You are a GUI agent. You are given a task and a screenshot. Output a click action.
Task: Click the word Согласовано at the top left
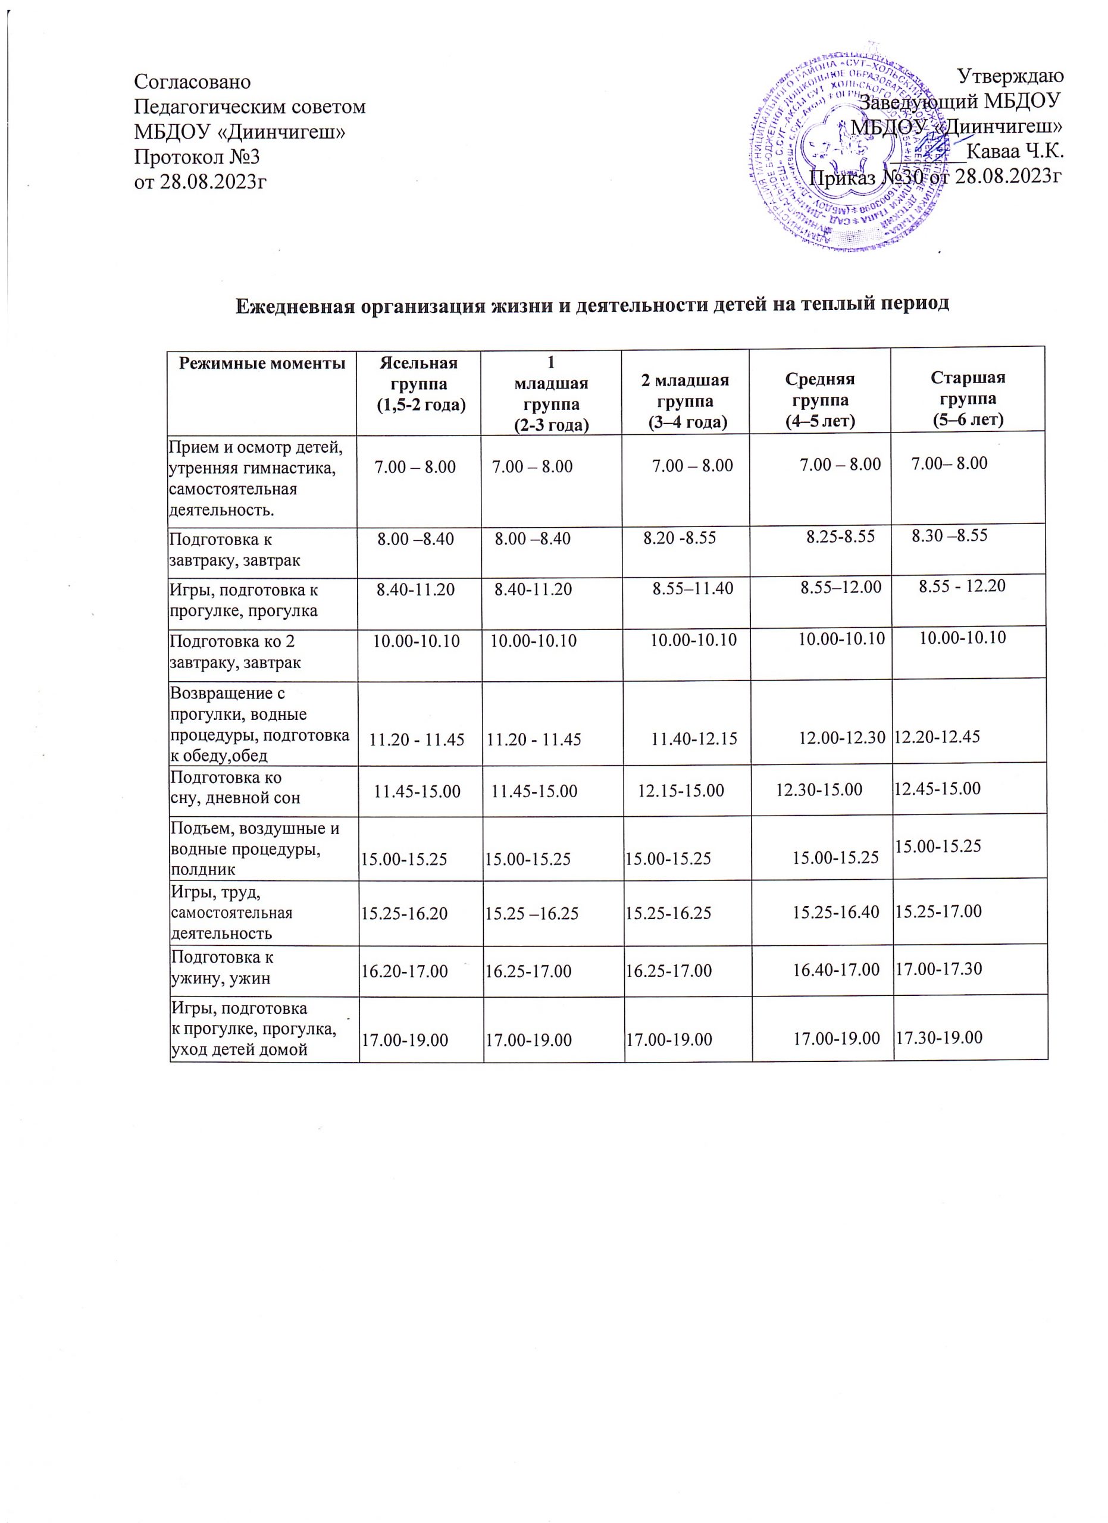pyautogui.click(x=192, y=82)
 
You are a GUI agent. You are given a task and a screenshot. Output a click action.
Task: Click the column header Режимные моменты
pyautogui.click(x=262, y=364)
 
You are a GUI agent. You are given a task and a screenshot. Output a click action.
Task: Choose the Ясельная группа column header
pyautogui.click(x=419, y=384)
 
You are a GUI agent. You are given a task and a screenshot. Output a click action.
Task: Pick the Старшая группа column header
pyautogui.click(x=968, y=398)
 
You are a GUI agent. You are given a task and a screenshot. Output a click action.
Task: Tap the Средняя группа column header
pyautogui.click(x=820, y=400)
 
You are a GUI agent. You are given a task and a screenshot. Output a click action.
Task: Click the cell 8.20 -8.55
pyautogui.click(x=680, y=537)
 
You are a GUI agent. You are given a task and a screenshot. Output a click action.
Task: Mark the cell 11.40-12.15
pyautogui.click(x=694, y=739)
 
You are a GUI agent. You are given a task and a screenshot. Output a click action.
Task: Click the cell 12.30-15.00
pyautogui.click(x=819, y=789)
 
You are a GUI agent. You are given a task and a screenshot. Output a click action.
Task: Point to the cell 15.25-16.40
pyautogui.click(x=836, y=912)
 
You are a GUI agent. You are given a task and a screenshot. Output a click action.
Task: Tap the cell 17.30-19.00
pyautogui.click(x=940, y=1038)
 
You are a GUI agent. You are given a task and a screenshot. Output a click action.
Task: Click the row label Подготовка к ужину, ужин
pyautogui.click(x=221, y=967)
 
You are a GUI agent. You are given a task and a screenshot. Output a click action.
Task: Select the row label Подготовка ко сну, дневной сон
pyautogui.click(x=235, y=788)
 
